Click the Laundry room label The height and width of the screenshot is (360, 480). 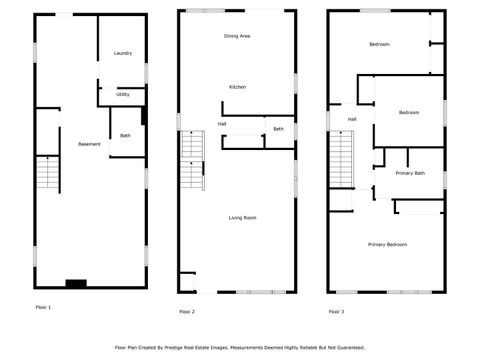(x=123, y=53)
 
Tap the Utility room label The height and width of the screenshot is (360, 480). (x=122, y=95)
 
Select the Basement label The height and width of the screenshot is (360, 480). (x=89, y=144)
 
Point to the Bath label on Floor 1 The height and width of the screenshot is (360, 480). (x=125, y=135)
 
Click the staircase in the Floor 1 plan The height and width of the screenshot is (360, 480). (x=48, y=174)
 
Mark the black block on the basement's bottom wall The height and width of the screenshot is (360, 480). (x=75, y=283)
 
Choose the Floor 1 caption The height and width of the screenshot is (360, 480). (x=42, y=307)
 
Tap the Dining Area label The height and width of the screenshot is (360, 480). (x=237, y=36)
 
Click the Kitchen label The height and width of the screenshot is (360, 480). (x=237, y=87)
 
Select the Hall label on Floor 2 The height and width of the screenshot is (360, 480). (x=221, y=124)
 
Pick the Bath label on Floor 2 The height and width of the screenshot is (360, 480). (x=278, y=128)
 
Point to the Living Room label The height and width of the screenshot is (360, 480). (x=243, y=217)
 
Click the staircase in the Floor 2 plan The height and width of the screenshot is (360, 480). (x=192, y=161)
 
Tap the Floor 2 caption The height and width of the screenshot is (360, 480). (x=187, y=312)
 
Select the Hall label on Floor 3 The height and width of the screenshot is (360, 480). (x=352, y=119)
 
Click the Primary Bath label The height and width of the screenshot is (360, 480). (x=410, y=173)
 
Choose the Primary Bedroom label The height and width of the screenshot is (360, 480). (x=387, y=245)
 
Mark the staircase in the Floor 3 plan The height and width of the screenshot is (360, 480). (x=341, y=160)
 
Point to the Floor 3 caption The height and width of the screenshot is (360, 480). (x=336, y=312)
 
